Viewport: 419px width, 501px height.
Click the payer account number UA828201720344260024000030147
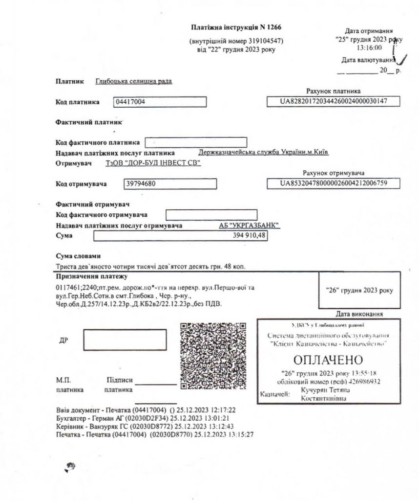click(333, 101)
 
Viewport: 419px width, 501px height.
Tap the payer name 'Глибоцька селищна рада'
click(134, 82)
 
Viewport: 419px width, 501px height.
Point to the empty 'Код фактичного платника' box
click(196, 142)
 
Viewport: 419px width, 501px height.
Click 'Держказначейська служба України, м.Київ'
click(264, 152)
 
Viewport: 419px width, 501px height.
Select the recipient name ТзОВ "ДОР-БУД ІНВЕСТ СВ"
click(153, 163)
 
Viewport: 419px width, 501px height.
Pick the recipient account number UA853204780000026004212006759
click(333, 183)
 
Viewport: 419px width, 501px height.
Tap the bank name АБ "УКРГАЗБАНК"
click(250, 226)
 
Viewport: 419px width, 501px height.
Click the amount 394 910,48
click(180, 236)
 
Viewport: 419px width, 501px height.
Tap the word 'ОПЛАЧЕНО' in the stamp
click(329, 360)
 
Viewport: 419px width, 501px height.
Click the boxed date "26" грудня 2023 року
click(359, 291)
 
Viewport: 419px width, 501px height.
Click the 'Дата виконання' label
click(359, 314)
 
